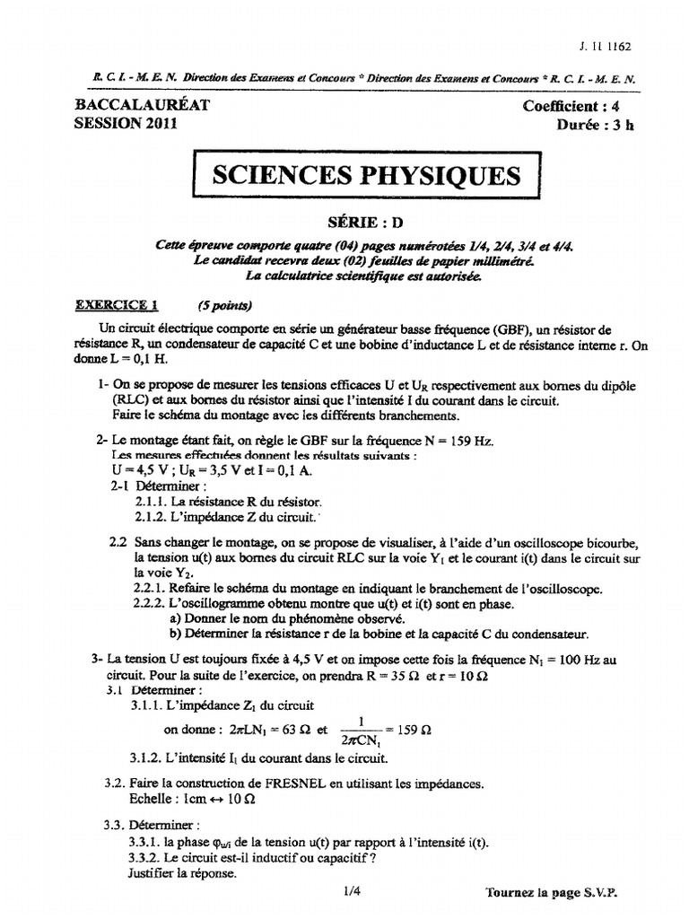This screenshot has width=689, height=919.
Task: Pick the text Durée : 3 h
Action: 594,126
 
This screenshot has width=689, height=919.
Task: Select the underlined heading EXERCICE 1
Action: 116,304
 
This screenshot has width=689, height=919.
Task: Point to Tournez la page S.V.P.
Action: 552,894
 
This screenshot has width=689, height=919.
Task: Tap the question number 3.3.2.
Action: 146,857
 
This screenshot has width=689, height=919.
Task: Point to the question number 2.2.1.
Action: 153,589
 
